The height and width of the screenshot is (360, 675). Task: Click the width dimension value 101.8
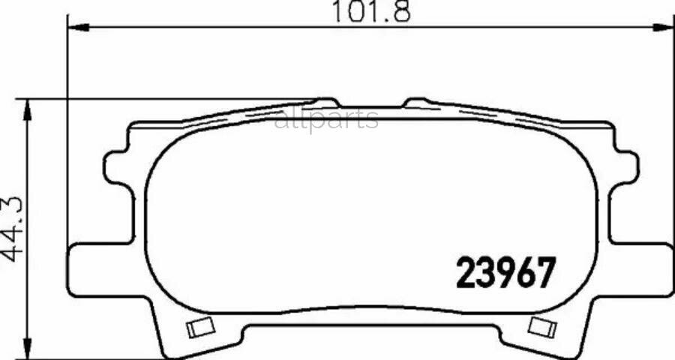pos(371,12)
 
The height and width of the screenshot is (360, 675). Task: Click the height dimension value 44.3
pos(12,229)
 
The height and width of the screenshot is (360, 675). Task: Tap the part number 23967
pos(505,272)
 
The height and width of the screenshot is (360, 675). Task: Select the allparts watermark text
pos(326,119)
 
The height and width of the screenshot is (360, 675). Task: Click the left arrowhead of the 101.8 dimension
pos(78,27)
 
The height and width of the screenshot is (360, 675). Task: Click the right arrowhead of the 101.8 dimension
pos(664,27)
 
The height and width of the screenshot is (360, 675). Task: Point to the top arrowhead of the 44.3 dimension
pos(27,109)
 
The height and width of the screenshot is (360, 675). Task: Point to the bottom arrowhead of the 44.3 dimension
pos(27,348)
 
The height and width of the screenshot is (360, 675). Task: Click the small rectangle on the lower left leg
pos(200,328)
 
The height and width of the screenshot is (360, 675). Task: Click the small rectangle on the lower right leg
pos(542,327)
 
